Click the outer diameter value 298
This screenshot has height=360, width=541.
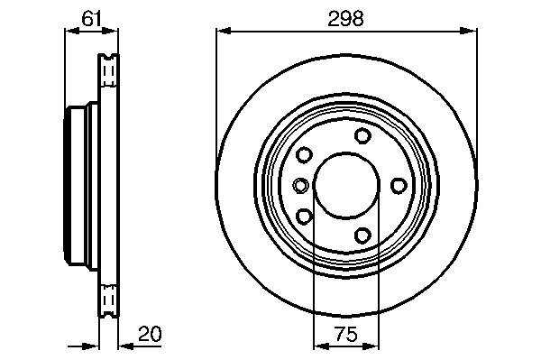click(x=345, y=19)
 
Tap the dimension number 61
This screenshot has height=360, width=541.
click(x=91, y=18)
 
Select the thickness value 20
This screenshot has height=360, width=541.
click(x=150, y=334)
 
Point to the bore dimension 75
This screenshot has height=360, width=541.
click(x=346, y=334)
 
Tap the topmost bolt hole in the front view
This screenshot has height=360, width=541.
click(x=362, y=135)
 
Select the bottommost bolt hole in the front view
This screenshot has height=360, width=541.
click(x=362, y=235)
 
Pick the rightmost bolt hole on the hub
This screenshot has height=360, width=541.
click(x=399, y=186)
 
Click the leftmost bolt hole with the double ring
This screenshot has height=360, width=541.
click(x=300, y=185)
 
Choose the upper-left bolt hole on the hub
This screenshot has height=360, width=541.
click(x=305, y=154)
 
